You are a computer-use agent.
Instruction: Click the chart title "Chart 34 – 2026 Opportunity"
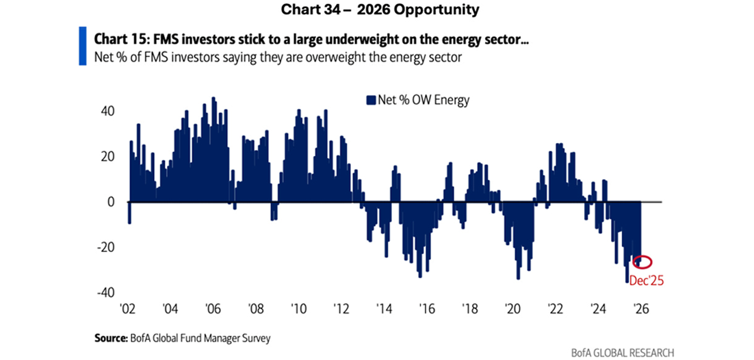coord(376,10)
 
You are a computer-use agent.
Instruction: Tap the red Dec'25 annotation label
coord(647,279)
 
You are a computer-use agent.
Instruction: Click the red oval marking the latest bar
coord(642,262)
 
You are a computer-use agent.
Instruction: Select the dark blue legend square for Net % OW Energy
coord(372,100)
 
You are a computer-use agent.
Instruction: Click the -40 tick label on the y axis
coord(105,293)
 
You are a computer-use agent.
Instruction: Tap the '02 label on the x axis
coord(127,308)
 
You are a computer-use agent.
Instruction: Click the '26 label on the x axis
coord(642,308)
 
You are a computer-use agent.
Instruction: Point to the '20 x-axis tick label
coord(512,308)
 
